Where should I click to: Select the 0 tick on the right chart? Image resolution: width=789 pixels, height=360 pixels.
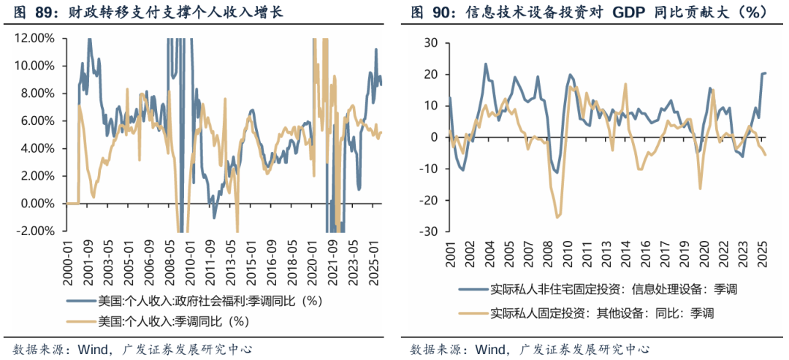[432, 137]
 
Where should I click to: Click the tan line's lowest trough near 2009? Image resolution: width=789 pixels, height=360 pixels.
[557, 217]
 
